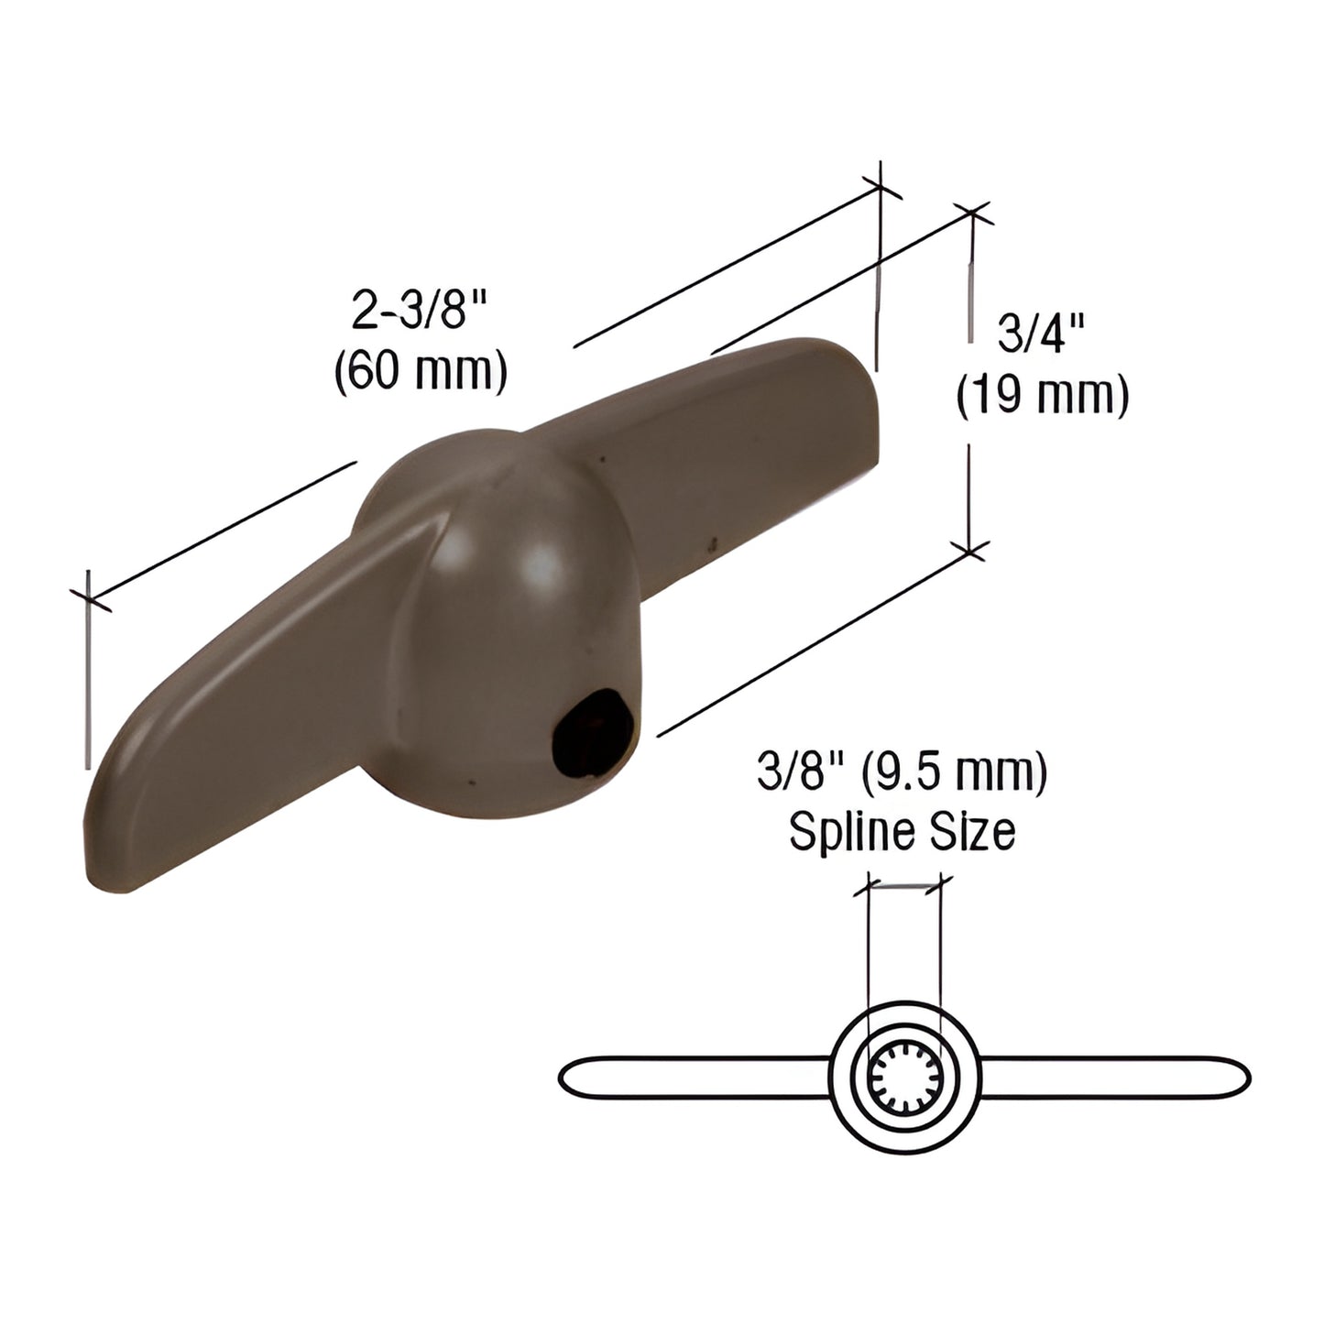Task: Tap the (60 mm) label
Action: coord(421,373)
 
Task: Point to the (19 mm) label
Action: coord(1042,396)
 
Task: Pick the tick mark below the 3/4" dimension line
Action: coord(971,551)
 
